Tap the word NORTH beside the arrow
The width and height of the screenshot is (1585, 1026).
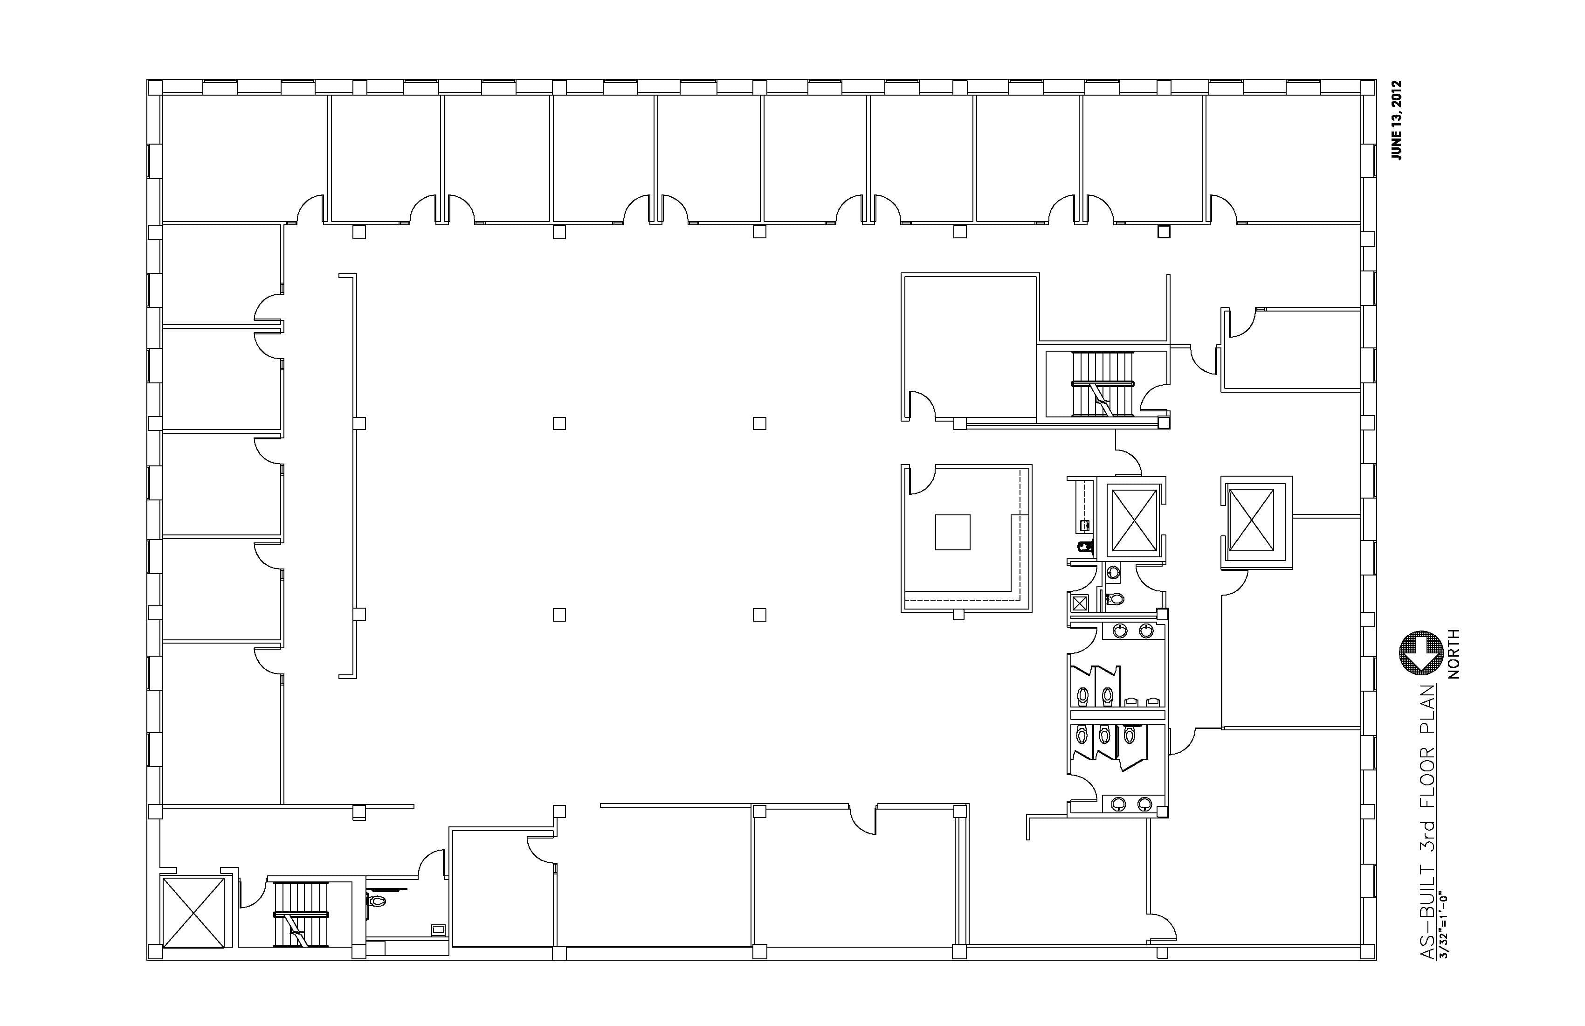tap(1454, 653)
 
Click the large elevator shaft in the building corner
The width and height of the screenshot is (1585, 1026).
tap(194, 912)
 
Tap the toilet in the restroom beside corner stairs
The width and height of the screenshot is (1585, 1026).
tap(377, 901)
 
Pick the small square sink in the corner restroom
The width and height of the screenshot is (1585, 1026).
tap(438, 928)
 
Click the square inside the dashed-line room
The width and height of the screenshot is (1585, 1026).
tap(952, 532)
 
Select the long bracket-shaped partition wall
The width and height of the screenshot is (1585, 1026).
tap(353, 476)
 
